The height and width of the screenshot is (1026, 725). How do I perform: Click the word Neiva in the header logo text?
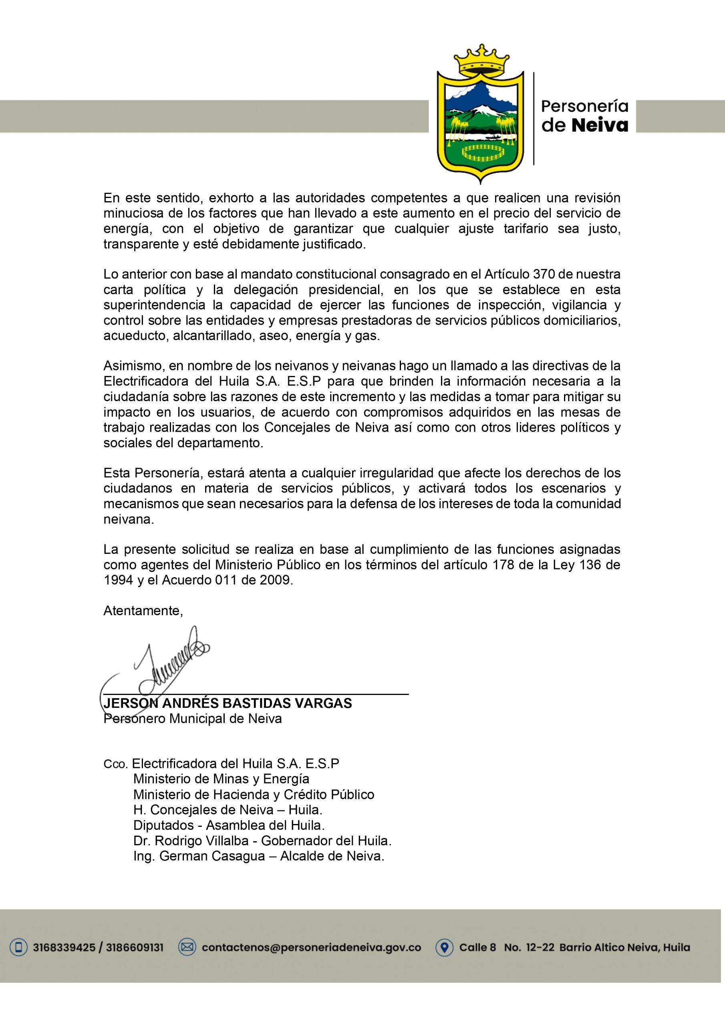point(600,125)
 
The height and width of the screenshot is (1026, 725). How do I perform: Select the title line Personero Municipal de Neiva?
point(193,719)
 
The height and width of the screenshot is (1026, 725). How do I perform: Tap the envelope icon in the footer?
point(187,947)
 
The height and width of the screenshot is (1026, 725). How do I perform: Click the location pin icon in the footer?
point(445,947)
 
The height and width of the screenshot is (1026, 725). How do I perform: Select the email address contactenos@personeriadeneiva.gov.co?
point(311,947)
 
